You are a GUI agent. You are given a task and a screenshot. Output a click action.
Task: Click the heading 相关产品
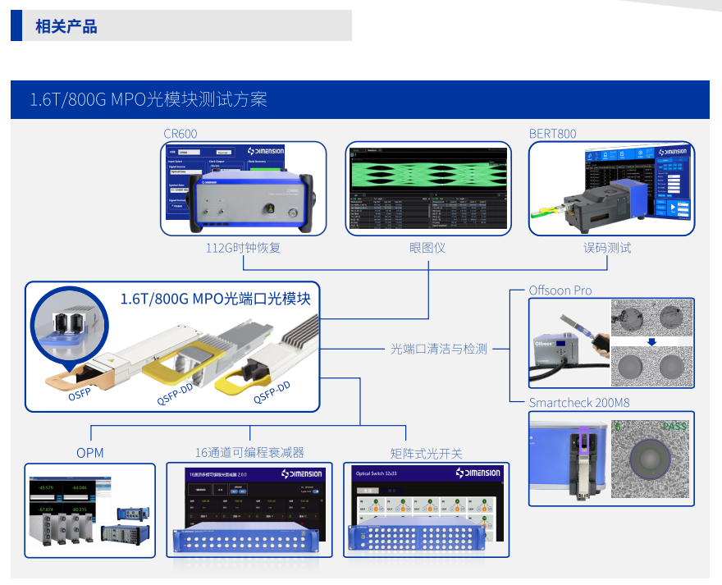(x=66, y=26)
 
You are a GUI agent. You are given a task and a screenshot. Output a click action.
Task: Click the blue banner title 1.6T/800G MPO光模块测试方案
(x=149, y=100)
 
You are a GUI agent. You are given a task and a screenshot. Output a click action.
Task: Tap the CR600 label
(x=180, y=134)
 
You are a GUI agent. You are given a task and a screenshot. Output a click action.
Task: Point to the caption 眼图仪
(x=427, y=247)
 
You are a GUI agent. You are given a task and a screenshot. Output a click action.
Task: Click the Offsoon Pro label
(x=560, y=290)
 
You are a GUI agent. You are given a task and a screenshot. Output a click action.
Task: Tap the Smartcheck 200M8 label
(x=579, y=403)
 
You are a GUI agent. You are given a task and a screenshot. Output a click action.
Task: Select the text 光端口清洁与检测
(x=438, y=349)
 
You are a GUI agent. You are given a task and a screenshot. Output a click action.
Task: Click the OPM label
(x=90, y=453)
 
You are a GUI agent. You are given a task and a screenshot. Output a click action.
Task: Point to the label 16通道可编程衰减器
(x=249, y=453)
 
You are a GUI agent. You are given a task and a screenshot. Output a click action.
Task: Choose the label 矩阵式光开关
(x=427, y=453)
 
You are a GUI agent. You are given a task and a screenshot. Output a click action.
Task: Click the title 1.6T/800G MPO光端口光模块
(x=215, y=299)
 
